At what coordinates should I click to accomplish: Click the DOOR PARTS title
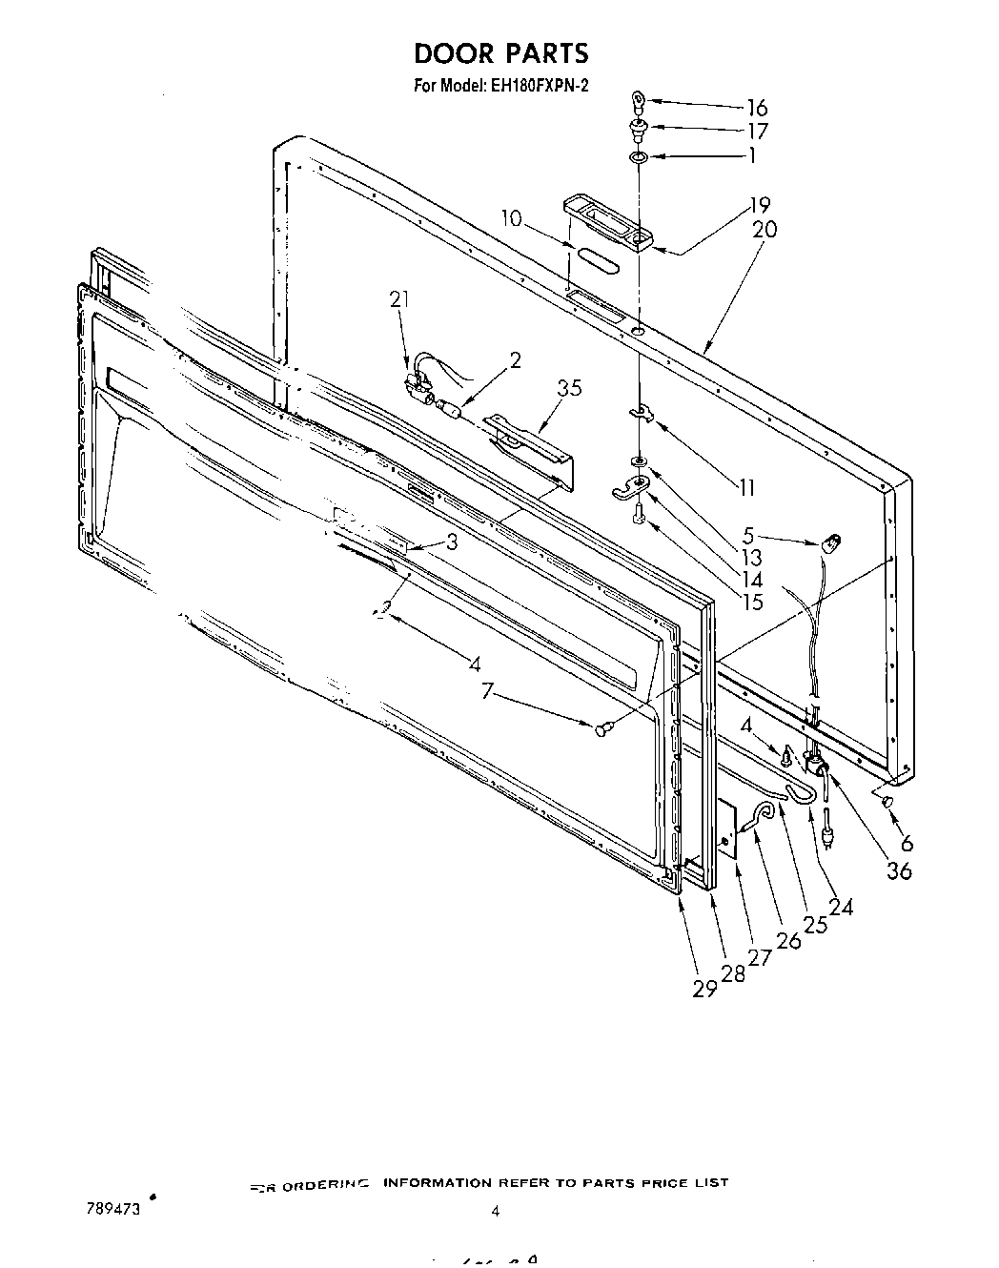[x=501, y=53]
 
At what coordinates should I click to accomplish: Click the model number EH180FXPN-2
[x=540, y=86]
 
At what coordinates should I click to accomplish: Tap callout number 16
[x=757, y=107]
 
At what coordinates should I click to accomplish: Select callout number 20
[x=765, y=230]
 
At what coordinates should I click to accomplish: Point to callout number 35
[x=569, y=388]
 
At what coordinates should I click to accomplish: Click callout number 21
[x=398, y=299]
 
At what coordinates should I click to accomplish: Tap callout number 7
[x=488, y=690]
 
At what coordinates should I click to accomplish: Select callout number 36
[x=899, y=869]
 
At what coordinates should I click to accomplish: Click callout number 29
[x=704, y=989]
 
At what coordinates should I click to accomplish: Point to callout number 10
[x=511, y=218]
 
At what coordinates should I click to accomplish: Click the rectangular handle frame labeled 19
[x=606, y=222]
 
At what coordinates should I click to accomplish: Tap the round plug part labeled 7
[x=601, y=729]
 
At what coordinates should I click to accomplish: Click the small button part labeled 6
[x=887, y=802]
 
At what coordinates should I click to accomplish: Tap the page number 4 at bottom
[x=495, y=1212]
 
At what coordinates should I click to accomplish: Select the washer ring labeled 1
[x=640, y=156]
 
